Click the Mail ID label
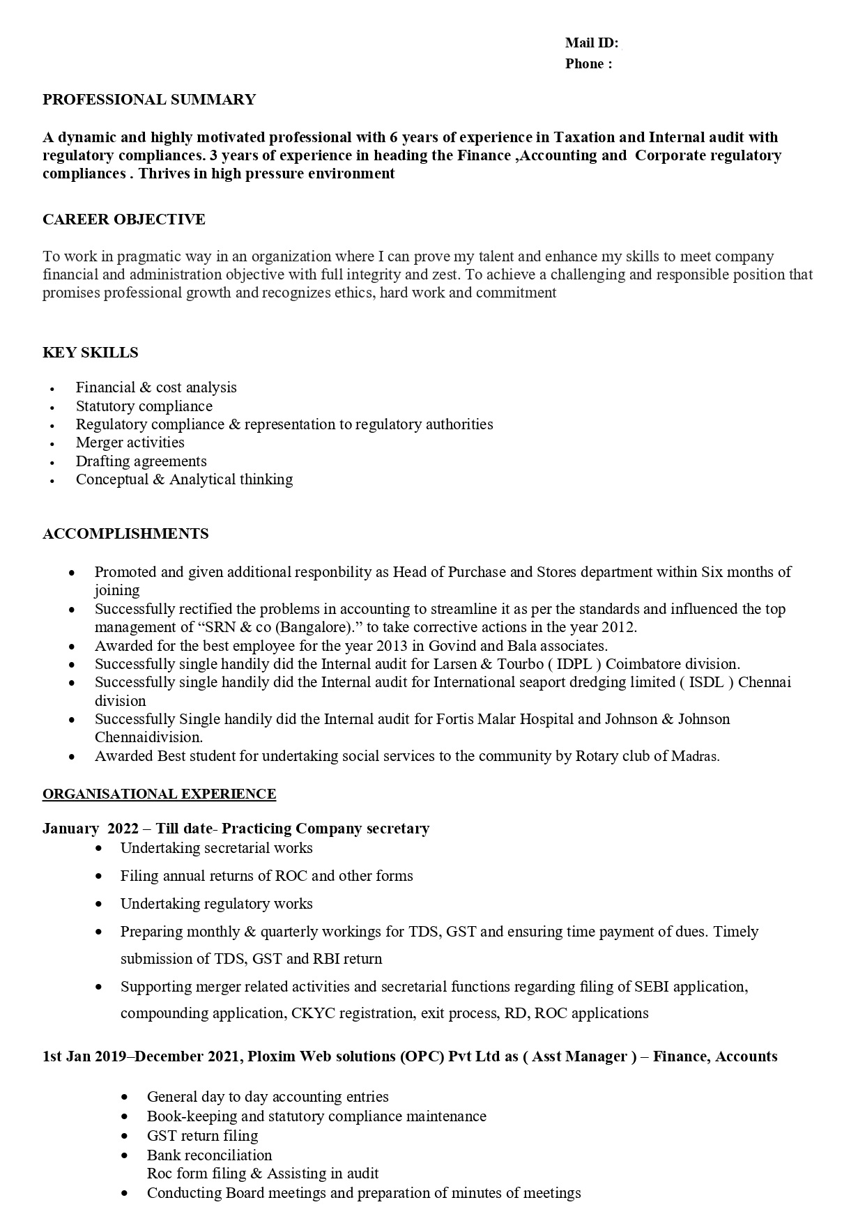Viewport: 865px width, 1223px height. point(591,43)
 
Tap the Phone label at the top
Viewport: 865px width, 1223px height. point(588,64)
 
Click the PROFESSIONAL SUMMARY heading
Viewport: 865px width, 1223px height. point(149,100)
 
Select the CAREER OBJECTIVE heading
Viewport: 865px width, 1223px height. point(124,220)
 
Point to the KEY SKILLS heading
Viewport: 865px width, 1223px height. point(91,353)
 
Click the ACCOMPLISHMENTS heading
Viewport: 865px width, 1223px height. point(125,534)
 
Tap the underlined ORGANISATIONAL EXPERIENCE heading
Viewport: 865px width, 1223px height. point(159,794)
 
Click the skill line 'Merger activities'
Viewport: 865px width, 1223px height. point(130,443)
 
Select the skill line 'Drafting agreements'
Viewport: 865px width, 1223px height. point(141,461)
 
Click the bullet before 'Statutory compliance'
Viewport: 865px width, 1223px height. point(52,407)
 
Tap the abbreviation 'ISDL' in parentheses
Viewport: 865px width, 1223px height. point(706,682)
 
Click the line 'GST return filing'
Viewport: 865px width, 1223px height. point(202,1135)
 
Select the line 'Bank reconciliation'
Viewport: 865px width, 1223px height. point(209,1155)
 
